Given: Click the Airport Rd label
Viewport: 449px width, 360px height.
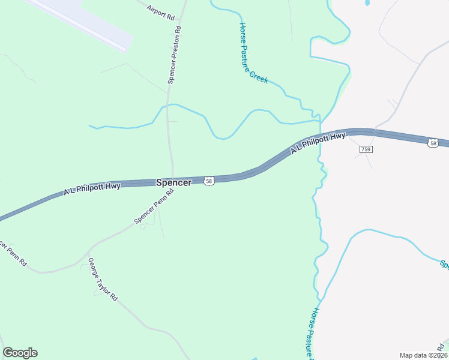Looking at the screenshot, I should tap(160, 10).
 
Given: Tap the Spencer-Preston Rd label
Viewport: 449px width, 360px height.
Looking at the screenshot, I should tap(175, 55).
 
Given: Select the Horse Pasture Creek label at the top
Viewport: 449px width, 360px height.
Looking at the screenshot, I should tap(254, 53).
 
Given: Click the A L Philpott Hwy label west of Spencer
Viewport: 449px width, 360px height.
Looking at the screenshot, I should tap(92, 189).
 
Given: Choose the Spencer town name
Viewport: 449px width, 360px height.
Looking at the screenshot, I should tap(173, 182).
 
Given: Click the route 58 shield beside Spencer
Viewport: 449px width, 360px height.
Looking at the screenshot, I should tap(208, 181).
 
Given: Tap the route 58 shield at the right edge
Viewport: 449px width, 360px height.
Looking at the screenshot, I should tap(433, 143).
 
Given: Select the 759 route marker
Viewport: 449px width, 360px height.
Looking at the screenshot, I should tap(366, 149).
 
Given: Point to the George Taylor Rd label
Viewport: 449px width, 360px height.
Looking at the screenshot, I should tap(103, 280).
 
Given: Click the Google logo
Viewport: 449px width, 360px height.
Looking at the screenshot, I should tap(20, 353).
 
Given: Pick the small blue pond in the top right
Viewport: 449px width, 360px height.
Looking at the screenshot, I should tap(367, 3).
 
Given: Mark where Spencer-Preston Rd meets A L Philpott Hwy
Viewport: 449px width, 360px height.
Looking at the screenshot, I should tap(173, 179).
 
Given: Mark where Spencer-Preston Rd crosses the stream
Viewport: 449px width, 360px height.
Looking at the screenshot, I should tap(169, 106).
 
